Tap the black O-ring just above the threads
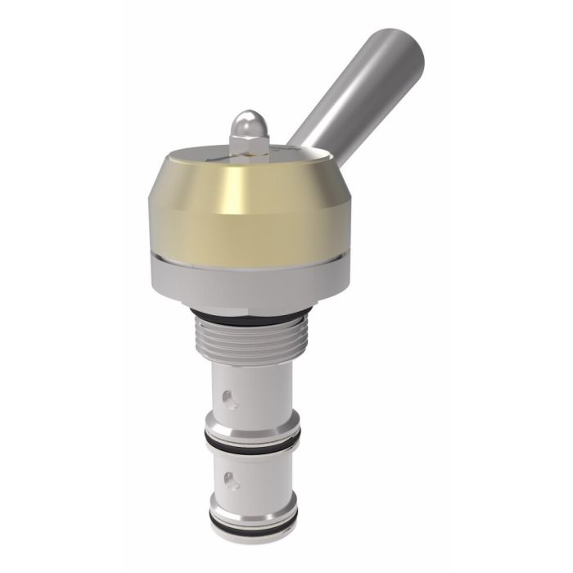coord(246,317)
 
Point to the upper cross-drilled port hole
coord(229,399)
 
